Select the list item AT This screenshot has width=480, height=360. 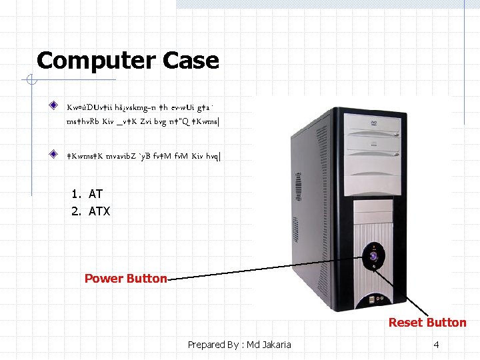pyautogui.click(x=95, y=194)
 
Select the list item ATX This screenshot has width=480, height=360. pyautogui.click(x=99, y=212)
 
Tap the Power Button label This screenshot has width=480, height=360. pyautogui.click(x=125, y=279)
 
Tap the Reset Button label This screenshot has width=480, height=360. pyautogui.click(x=427, y=323)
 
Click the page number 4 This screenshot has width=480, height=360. pyautogui.click(x=436, y=345)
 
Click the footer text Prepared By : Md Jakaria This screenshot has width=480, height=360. pyautogui.click(x=239, y=345)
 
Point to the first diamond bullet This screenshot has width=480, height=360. pyautogui.click(x=53, y=106)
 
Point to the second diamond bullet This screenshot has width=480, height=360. pyautogui.click(x=53, y=154)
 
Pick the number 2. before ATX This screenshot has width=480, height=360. pyautogui.click(x=76, y=212)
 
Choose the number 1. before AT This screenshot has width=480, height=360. pyautogui.click(x=76, y=194)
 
